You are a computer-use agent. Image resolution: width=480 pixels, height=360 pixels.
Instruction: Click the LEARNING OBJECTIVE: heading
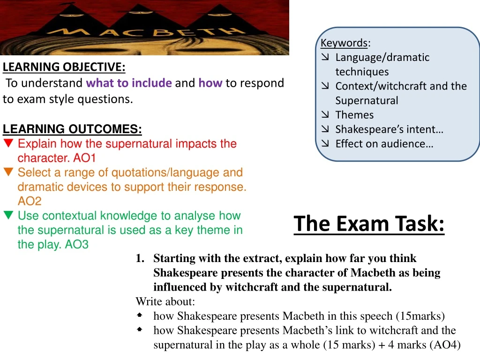(64, 67)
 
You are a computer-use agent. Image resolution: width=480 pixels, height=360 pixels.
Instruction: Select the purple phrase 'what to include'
(129, 83)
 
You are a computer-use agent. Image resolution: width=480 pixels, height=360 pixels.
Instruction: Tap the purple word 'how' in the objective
(210, 83)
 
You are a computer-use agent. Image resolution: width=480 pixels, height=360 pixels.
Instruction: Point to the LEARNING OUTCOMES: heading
(72, 129)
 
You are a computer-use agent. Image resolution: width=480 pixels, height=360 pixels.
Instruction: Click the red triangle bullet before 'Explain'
(8, 143)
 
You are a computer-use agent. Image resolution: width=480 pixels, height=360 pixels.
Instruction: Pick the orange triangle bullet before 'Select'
(8, 172)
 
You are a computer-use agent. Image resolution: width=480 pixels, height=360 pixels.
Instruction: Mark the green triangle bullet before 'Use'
(8, 215)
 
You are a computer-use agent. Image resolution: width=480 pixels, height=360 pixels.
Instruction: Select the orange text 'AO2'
(30, 201)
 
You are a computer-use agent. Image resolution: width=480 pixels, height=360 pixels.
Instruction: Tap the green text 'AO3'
(76, 244)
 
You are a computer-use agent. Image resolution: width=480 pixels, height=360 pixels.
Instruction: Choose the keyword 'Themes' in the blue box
(354, 115)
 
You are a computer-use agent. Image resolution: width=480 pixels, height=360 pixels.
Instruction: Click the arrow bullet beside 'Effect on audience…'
(325, 143)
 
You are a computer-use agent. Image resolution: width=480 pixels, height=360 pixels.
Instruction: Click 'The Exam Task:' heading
(369, 224)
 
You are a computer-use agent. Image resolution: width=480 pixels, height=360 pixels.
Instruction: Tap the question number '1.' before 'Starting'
(140, 258)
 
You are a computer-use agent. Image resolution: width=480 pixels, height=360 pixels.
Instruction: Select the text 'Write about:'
(165, 301)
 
